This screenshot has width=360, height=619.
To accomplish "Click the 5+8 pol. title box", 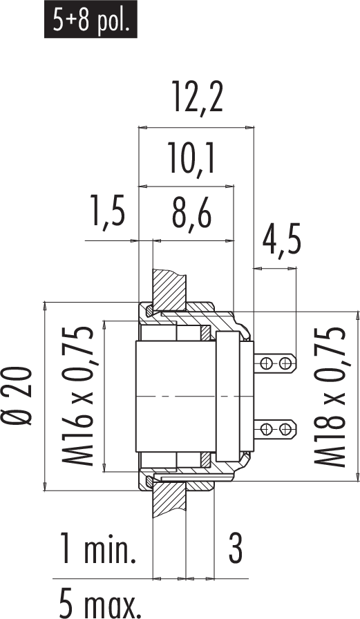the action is (x=91, y=19).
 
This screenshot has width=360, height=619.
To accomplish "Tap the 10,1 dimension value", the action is (x=191, y=159).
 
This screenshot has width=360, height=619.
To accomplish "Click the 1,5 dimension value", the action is (x=108, y=211).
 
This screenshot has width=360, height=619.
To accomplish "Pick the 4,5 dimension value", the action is (x=281, y=241).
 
